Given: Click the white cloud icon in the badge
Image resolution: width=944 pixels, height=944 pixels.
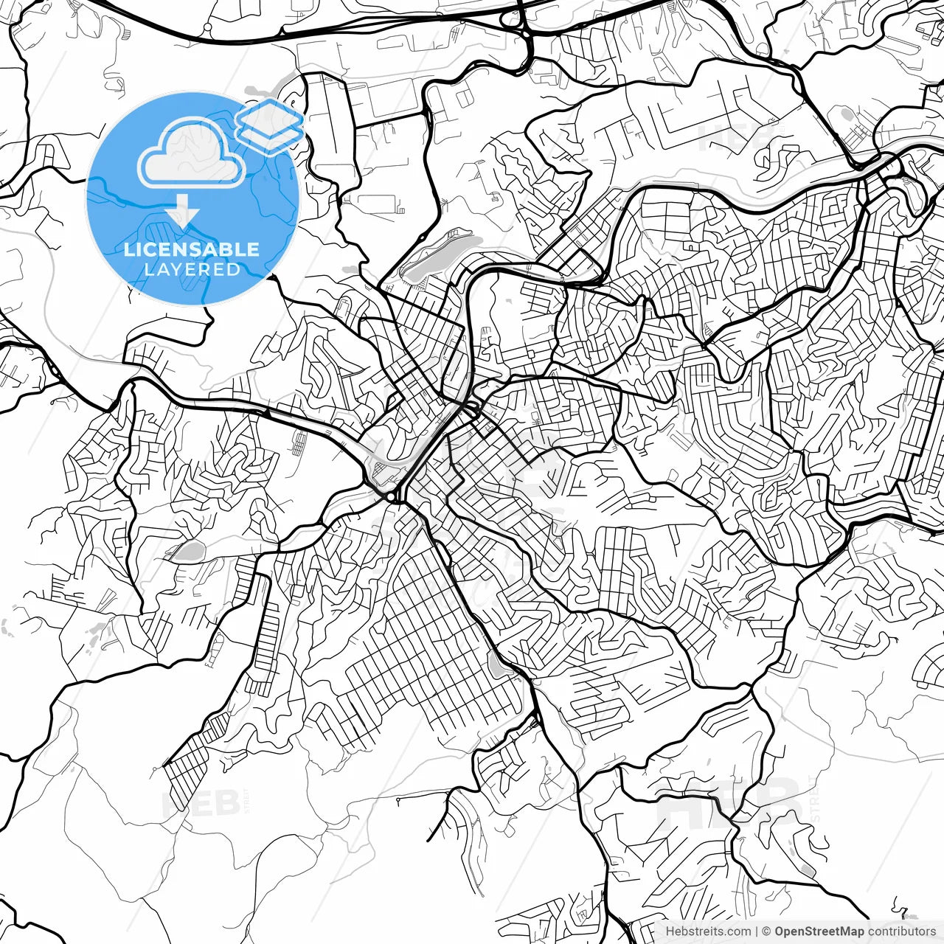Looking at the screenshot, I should [x=192, y=153].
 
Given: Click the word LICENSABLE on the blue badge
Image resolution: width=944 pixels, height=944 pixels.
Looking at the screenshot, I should [x=192, y=249].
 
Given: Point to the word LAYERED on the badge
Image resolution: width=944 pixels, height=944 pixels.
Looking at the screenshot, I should [x=192, y=269].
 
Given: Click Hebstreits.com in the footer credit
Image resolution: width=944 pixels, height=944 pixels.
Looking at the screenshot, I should [x=708, y=931].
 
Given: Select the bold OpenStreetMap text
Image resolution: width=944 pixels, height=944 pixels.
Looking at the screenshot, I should [x=819, y=931].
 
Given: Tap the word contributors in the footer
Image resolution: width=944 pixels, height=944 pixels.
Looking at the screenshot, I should [x=901, y=931].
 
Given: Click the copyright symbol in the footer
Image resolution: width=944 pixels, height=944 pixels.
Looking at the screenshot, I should [x=766, y=931].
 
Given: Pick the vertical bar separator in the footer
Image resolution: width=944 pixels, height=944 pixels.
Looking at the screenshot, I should [x=757, y=931].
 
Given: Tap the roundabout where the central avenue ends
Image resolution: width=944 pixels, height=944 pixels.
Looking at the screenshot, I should [x=390, y=499].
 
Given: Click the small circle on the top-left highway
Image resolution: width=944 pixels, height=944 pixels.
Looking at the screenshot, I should [x=207, y=27].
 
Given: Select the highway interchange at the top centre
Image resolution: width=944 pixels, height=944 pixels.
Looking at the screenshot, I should [x=524, y=29].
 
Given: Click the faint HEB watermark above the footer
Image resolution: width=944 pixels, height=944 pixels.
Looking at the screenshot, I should [x=726, y=800].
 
